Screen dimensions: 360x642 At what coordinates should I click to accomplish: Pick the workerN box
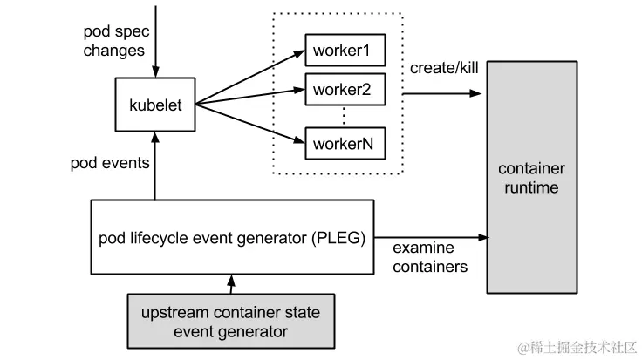[x=344, y=143]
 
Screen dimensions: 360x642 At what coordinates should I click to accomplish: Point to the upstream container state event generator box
[x=230, y=322]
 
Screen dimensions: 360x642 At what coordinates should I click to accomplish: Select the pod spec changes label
[x=114, y=42]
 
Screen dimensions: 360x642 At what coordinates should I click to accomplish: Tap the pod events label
[x=109, y=164]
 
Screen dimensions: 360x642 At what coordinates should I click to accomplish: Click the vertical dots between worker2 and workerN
[x=344, y=115]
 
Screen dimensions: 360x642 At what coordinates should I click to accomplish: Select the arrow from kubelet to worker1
[x=249, y=77]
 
